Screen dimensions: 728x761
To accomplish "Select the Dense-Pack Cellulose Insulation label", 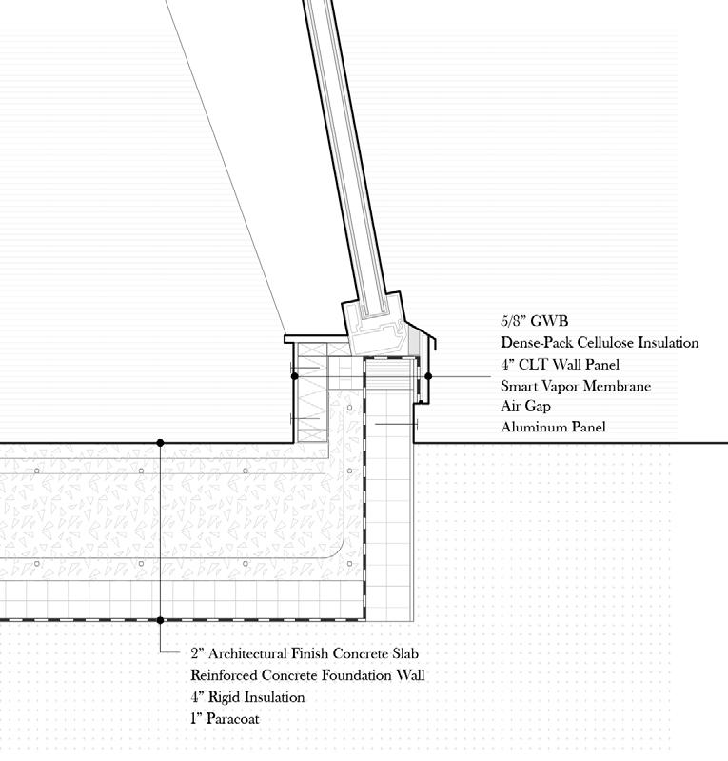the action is [600, 343].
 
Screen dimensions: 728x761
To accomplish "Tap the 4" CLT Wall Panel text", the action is [561, 365].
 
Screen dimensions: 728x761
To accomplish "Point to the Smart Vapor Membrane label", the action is [576, 386].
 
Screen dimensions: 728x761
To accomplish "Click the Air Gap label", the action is [525, 407].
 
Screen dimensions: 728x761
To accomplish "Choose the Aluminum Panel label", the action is [553, 428].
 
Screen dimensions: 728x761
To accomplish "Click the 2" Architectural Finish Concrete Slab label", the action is [304, 653].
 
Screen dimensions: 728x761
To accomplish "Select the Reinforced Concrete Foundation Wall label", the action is [307, 675].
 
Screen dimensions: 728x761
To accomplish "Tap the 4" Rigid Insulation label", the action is [247, 697].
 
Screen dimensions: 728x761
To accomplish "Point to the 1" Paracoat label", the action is [225, 719].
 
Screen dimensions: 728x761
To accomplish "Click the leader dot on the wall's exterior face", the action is [428, 376].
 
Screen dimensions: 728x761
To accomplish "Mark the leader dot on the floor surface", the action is [161, 442].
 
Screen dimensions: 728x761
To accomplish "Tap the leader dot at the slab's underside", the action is [161, 620].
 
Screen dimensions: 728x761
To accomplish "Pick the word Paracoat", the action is [231, 719].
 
